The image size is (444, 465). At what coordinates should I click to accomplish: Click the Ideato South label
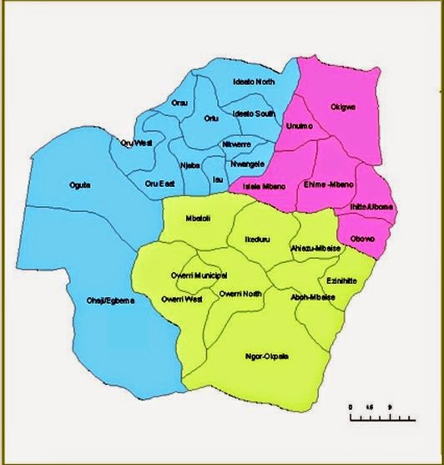coord(253,113)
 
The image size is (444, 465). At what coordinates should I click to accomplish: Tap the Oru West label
coord(136,143)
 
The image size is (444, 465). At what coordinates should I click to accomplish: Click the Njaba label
coord(189,165)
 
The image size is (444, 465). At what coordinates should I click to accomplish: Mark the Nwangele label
coord(248,164)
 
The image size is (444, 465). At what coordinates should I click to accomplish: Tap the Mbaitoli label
coord(199,220)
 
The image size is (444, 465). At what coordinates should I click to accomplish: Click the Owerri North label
coord(240,293)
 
